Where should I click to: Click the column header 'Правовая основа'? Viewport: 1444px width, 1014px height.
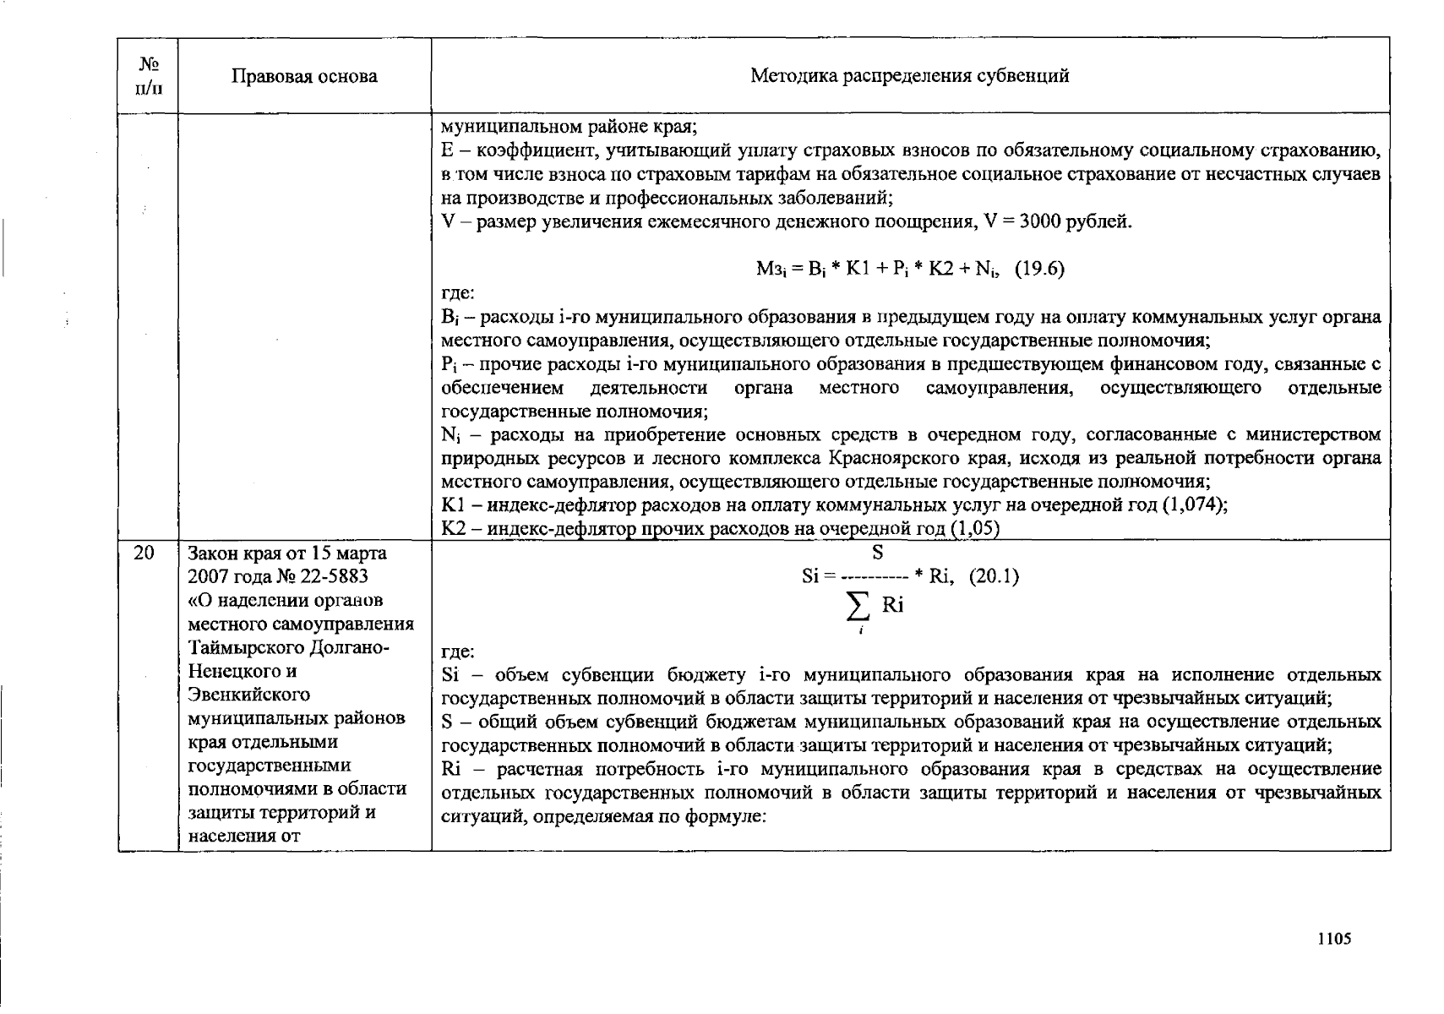[304, 76]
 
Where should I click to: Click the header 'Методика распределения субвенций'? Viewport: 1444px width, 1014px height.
[909, 76]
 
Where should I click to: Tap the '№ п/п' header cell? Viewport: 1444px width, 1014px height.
[148, 76]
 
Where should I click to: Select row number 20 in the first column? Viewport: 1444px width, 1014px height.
[144, 553]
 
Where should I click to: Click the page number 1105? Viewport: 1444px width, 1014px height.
[1335, 939]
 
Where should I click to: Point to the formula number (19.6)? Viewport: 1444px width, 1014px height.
[1039, 270]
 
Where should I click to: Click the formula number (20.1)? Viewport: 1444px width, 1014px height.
[994, 576]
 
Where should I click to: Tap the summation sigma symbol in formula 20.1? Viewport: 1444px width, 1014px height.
[858, 605]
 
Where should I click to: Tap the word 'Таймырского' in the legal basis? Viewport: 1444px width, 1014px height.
[247, 648]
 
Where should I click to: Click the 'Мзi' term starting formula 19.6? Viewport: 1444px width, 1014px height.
[770, 270]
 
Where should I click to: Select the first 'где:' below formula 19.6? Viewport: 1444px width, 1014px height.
[458, 293]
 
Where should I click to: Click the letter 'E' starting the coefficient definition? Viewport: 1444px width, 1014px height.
[448, 151]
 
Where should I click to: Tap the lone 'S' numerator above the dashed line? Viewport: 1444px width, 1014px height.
[877, 553]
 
